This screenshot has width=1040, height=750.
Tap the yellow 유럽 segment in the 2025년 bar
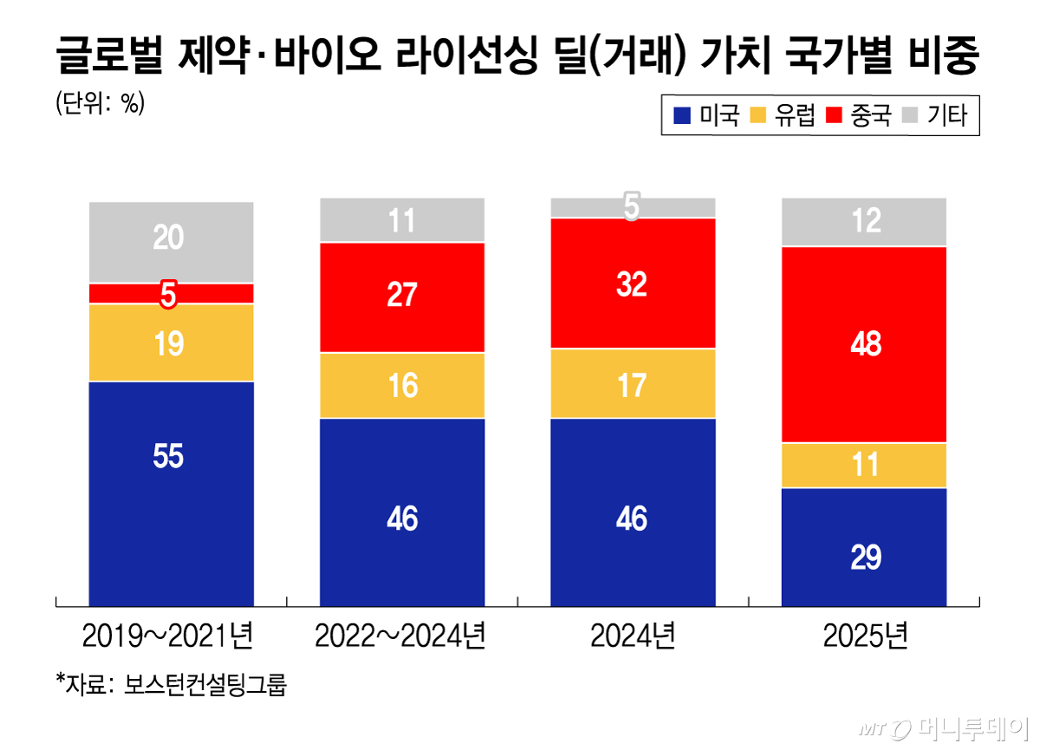863,466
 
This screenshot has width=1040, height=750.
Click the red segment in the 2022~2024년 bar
402,297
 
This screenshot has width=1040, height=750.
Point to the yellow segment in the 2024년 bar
633,384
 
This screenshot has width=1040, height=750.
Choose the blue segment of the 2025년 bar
863,546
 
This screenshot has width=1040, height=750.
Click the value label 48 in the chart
866,345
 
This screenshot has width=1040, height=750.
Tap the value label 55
169,457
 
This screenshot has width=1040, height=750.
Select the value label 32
632,284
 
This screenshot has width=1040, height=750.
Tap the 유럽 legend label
795,115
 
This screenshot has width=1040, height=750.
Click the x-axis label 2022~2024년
401,638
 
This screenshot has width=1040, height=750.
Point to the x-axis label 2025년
865,638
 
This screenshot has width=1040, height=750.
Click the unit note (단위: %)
100,103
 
